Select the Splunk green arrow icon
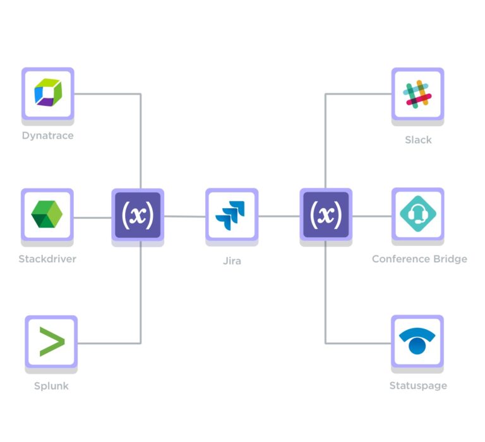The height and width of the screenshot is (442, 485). click(x=51, y=342)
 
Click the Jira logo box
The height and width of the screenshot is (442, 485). click(x=232, y=214)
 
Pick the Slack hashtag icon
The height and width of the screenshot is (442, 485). click(x=417, y=94)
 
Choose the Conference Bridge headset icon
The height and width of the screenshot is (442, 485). click(x=417, y=214)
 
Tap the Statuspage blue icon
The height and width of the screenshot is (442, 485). click(x=417, y=341)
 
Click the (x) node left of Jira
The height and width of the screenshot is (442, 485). click(x=138, y=215)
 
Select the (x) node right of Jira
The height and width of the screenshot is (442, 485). click(x=325, y=215)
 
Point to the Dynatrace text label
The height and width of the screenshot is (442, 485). click(x=47, y=136)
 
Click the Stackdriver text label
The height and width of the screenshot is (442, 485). click(x=47, y=259)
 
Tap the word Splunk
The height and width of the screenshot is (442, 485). click(x=51, y=385)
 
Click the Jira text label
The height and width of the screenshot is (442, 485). click(x=232, y=260)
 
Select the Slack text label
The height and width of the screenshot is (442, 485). click(x=418, y=139)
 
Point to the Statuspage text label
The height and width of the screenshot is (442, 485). click(x=418, y=385)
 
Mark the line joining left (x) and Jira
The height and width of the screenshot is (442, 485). click(x=185, y=216)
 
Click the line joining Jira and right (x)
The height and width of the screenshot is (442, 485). click(x=278, y=216)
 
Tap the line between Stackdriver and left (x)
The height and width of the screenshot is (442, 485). click(x=93, y=218)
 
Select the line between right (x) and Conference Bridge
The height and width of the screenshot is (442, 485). click(x=371, y=216)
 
